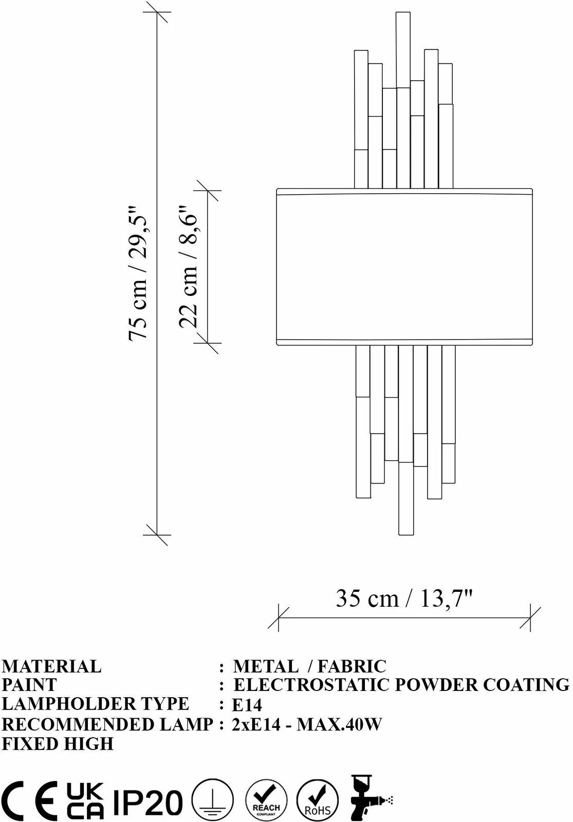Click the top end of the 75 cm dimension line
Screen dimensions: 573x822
pyautogui.click(x=157, y=12)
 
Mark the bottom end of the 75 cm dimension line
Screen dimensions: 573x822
pyautogui.click(x=157, y=535)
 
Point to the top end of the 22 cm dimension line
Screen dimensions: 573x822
pyautogui.click(x=208, y=191)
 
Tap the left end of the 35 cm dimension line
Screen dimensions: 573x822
pyautogui.click(x=279, y=618)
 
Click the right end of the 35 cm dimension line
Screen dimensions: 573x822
pyautogui.click(x=530, y=618)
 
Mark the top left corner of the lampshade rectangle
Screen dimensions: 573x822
pyautogui.click(x=277, y=189)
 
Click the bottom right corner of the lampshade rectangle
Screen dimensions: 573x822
pyautogui.click(x=532, y=345)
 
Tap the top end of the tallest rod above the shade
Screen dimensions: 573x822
pyautogui.click(x=403, y=12)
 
